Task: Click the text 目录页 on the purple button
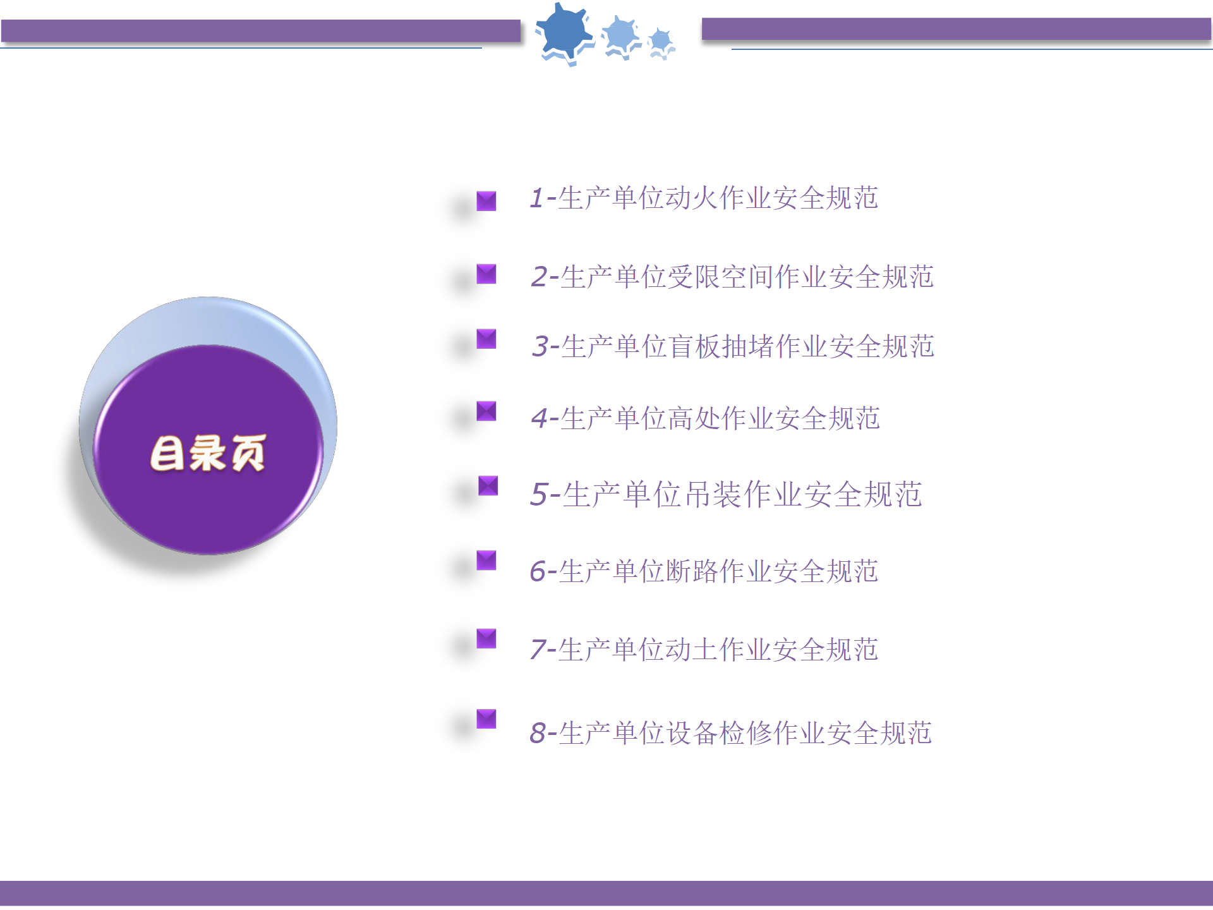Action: pyautogui.click(x=208, y=452)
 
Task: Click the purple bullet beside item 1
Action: pyautogui.click(x=486, y=201)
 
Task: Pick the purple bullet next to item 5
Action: pyautogui.click(x=488, y=486)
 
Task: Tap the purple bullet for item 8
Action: pyautogui.click(x=486, y=719)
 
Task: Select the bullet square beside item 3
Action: pyautogui.click(x=486, y=339)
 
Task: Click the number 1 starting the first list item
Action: pyautogui.click(x=537, y=198)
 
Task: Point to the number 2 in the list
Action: pyautogui.click(x=540, y=277)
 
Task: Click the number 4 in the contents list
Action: pyautogui.click(x=540, y=418)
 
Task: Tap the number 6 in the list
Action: pyautogui.click(x=538, y=571)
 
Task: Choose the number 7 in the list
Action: pyautogui.click(x=538, y=650)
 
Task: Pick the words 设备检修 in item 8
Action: pyautogui.click(x=720, y=733)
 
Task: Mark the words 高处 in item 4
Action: pyautogui.click(x=694, y=418)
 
